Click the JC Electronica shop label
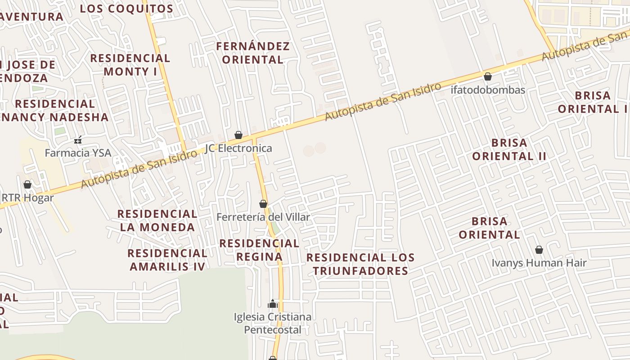click(238, 148)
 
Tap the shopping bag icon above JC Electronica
click(238, 135)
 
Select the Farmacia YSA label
click(78, 153)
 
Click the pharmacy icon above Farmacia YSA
click(78, 140)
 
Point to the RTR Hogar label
click(28, 198)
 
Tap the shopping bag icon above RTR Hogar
click(27, 184)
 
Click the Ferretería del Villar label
click(263, 217)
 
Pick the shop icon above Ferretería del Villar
click(263, 204)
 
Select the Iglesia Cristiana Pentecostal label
click(273, 323)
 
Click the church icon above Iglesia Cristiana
click(272, 304)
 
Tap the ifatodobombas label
click(488, 90)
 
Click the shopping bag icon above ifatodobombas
click(488, 77)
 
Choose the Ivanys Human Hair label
click(539, 263)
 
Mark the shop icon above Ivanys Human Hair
click(539, 250)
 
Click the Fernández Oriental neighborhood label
click(253, 53)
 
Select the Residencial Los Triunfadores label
click(360, 264)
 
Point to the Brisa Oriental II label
click(509, 149)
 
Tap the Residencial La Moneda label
click(157, 220)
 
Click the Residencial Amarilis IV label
click(167, 260)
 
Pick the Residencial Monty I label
click(130, 65)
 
